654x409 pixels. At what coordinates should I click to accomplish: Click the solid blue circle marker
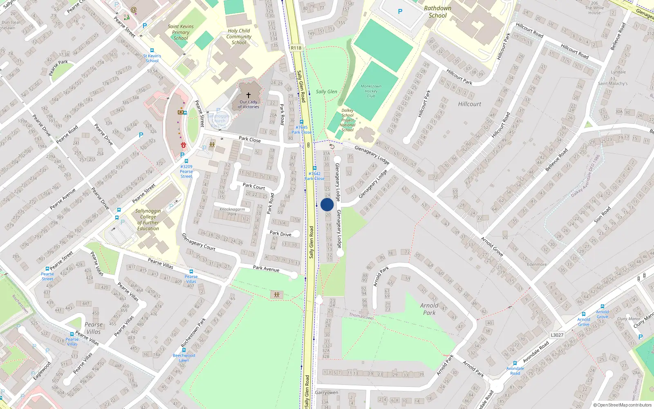(327, 204)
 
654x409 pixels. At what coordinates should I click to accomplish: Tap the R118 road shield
(296, 48)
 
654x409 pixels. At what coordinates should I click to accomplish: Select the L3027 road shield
(557, 335)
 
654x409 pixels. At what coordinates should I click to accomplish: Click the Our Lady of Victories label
(249, 104)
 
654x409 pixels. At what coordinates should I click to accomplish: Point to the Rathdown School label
(437, 12)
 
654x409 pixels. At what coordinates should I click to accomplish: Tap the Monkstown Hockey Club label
(371, 91)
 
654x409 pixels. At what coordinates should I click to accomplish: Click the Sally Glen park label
(326, 92)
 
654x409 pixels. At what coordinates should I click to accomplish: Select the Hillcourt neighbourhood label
(469, 104)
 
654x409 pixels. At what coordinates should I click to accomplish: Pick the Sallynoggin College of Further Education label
(148, 220)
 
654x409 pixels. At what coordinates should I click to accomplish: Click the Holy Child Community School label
(239, 36)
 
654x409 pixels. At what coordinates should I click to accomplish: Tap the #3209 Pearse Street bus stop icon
(186, 161)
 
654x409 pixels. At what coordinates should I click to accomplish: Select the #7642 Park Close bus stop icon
(314, 168)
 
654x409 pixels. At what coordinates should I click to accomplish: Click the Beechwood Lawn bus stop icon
(184, 350)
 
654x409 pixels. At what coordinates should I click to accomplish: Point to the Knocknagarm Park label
(232, 211)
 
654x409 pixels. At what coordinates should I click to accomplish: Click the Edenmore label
(537, 264)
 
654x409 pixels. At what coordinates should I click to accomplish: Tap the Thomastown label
(361, 316)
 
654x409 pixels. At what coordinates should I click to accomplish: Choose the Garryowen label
(327, 392)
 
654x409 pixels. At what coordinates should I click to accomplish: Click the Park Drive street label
(280, 234)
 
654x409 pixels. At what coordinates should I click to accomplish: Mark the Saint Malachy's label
(612, 83)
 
